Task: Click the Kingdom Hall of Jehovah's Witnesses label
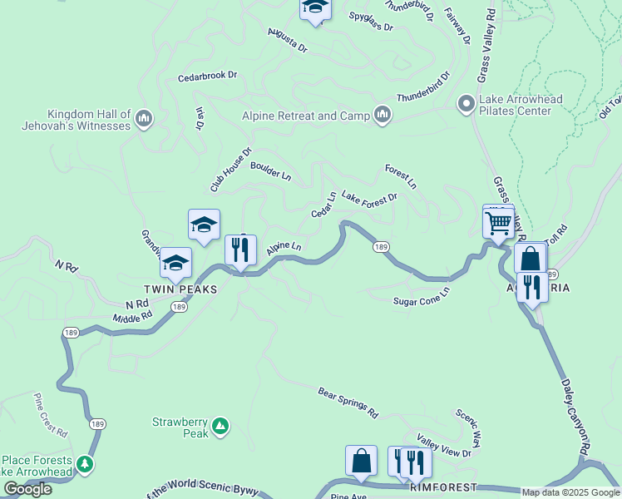coord(89,120)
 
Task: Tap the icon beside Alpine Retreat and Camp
coord(383,115)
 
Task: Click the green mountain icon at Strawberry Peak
coord(220,427)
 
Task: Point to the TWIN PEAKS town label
coord(180,289)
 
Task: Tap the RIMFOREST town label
coord(444,487)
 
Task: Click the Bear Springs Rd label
coord(348,402)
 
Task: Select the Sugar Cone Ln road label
coord(421,297)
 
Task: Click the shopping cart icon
coord(498,223)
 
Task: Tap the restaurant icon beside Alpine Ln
coord(240,250)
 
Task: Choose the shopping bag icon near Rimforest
coord(361,462)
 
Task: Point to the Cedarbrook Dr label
coord(207,76)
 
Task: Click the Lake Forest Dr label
coord(369,198)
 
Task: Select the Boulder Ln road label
coord(270,170)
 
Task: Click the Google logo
coord(27,489)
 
